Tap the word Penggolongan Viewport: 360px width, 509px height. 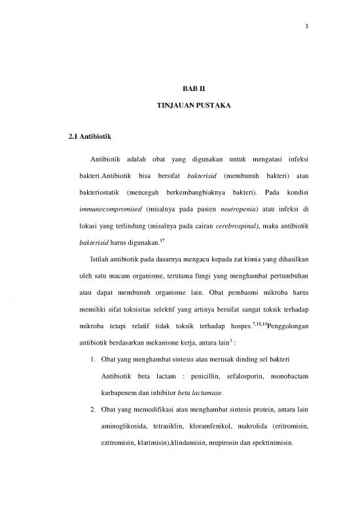coord(279,324)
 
